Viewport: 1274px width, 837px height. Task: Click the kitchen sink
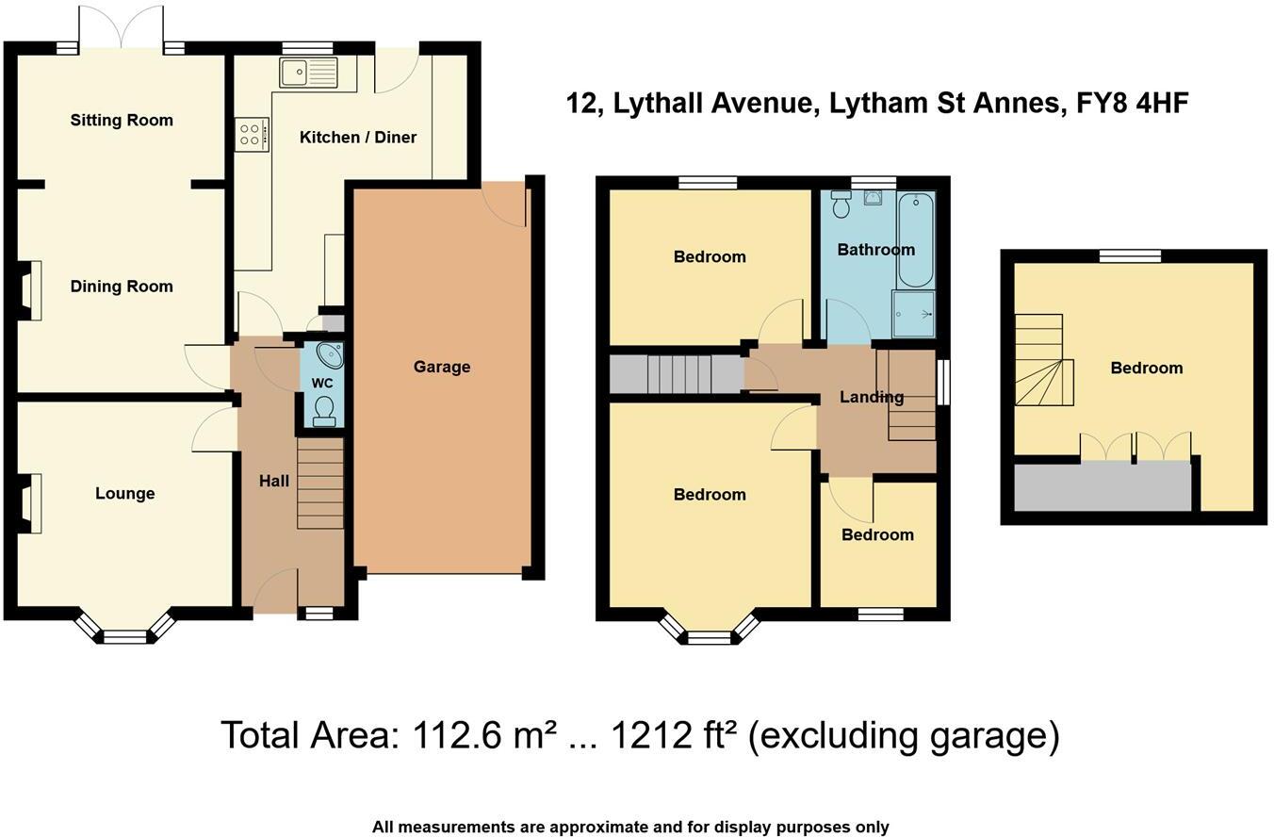(308, 72)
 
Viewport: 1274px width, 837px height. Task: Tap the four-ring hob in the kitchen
(251, 135)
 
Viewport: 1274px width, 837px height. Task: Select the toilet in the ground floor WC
(324, 411)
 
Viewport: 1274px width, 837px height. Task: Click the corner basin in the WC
(331, 355)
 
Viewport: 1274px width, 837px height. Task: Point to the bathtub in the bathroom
(914, 239)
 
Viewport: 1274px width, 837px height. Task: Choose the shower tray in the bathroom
(913, 313)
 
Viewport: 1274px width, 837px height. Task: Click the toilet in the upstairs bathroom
(841, 204)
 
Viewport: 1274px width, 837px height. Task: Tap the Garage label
(441, 367)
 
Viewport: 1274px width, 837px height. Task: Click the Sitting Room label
(122, 120)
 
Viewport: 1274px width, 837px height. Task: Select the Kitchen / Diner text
(357, 138)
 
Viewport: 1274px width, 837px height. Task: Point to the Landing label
(871, 397)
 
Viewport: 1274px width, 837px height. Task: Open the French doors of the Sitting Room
(121, 28)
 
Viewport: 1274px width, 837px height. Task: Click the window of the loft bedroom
(1130, 255)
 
